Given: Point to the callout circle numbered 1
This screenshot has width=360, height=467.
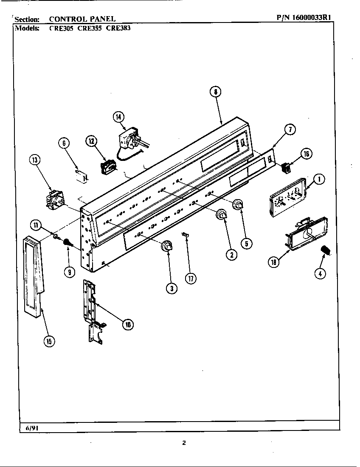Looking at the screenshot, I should coord(320,179).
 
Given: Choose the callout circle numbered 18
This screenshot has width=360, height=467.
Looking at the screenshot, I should coord(274,262).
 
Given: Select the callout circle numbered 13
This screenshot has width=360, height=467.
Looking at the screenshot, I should coord(35,160).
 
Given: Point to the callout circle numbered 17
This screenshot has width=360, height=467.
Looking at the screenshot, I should coord(191,278).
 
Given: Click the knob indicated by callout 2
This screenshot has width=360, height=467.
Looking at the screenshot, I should coord(222,215).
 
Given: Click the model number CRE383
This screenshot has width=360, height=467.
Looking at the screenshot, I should coord(118,29).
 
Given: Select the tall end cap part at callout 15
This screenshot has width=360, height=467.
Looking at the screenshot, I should coord(34,276).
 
